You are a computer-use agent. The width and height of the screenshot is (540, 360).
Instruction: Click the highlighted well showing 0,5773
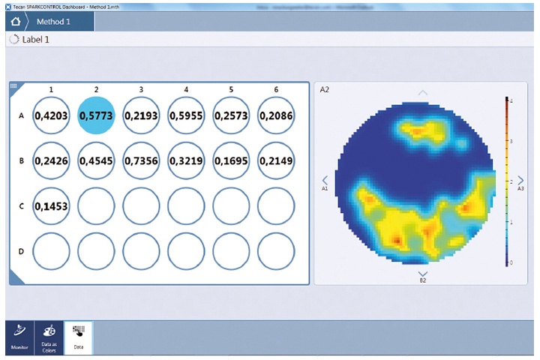[96, 116]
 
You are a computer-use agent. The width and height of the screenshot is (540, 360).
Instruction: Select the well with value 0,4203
[51, 116]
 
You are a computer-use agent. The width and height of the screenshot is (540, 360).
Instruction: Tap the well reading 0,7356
[141, 160]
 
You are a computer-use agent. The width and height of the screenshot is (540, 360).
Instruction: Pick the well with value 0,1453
[51, 205]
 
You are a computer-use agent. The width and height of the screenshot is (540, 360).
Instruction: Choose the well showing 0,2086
[276, 116]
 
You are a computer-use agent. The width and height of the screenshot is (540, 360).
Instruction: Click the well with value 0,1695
[231, 160]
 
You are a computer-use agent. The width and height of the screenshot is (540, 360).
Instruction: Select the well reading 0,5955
[186, 116]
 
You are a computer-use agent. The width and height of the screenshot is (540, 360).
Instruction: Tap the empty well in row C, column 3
[141, 205]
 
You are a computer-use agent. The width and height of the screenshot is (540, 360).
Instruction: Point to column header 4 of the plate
[186, 90]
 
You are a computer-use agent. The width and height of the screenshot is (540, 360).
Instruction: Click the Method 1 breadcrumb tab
[56, 21]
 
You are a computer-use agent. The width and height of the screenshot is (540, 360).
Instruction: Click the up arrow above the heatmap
[422, 93]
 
